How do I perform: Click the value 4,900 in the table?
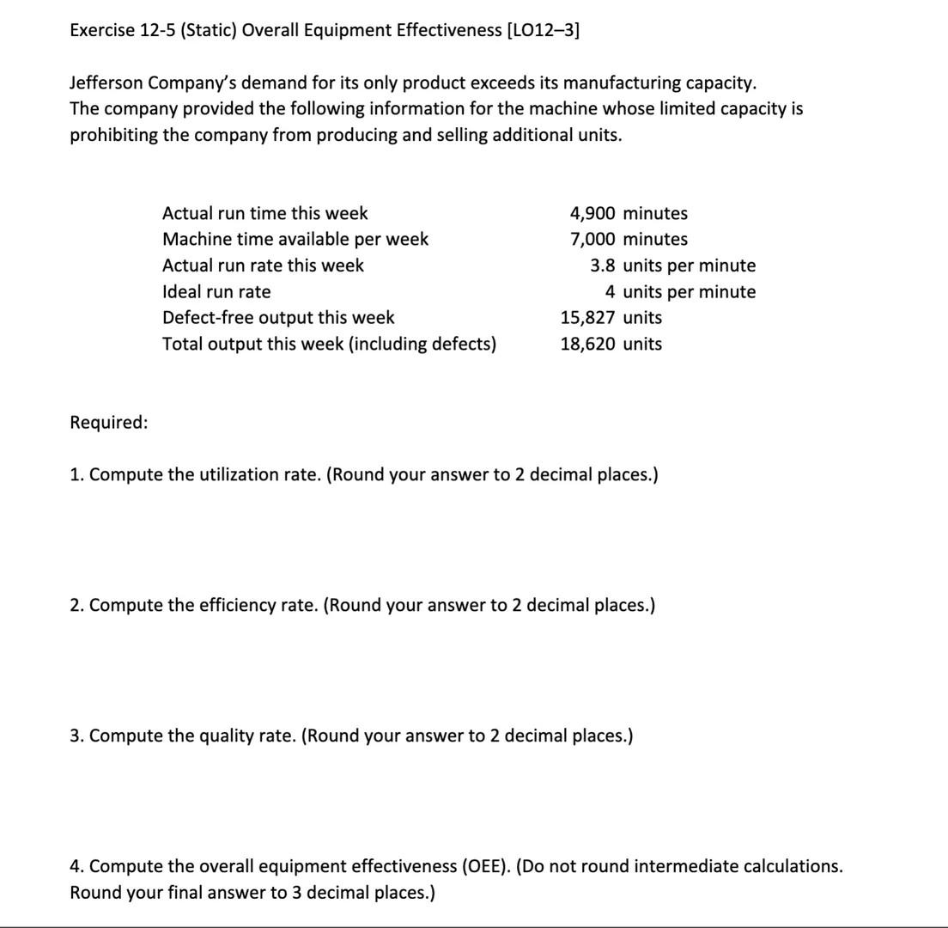592,213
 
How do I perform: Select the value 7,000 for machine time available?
592,239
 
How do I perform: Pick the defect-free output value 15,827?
587,318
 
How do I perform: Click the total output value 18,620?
587,344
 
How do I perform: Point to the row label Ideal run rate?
216,292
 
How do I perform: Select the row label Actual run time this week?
264,213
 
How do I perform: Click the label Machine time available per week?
295,239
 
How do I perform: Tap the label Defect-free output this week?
278,318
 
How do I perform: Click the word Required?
107,423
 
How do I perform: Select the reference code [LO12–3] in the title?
544,31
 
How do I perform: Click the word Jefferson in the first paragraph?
106,83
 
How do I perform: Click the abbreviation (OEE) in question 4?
486,866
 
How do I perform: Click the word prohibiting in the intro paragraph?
113,136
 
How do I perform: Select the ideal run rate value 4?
610,292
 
